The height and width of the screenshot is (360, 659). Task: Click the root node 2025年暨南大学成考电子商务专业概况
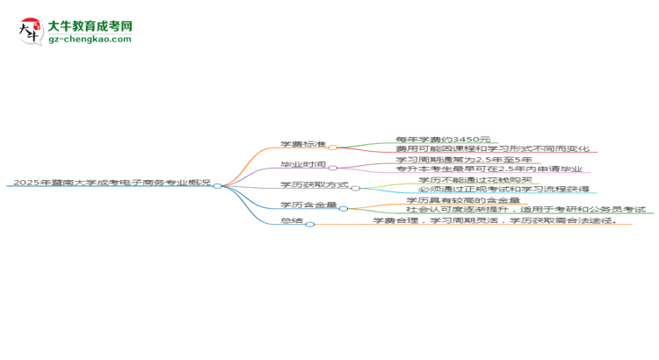[x=112, y=183]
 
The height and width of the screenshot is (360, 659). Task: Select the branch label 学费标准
[x=303, y=144]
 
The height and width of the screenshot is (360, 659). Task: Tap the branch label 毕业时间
[x=303, y=164]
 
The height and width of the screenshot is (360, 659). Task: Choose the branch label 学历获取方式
[x=315, y=184]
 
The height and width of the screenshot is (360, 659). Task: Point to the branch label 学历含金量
[x=308, y=205]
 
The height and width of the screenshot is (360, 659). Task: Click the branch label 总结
[x=292, y=220]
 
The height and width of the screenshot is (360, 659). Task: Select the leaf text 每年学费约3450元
[x=443, y=139]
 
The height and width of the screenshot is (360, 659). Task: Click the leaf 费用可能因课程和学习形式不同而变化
[x=493, y=148]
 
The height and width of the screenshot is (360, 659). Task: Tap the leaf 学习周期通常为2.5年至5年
[x=464, y=160]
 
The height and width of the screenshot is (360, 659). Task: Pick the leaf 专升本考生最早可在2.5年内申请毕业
[x=489, y=169]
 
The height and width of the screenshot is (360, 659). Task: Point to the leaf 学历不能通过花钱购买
[x=475, y=180]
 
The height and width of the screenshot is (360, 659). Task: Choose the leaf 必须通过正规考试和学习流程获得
[x=504, y=189]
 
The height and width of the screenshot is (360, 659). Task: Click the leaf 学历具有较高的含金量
[x=463, y=200]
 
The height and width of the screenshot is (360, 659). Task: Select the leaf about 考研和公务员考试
[x=525, y=209]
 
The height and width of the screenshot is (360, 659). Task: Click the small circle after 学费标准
[x=332, y=148]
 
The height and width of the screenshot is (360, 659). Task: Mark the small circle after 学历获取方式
[x=356, y=188]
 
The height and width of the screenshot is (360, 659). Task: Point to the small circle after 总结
[x=310, y=224]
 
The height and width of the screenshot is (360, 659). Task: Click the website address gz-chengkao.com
[x=90, y=39]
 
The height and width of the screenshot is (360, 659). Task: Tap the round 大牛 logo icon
[x=31, y=32]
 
